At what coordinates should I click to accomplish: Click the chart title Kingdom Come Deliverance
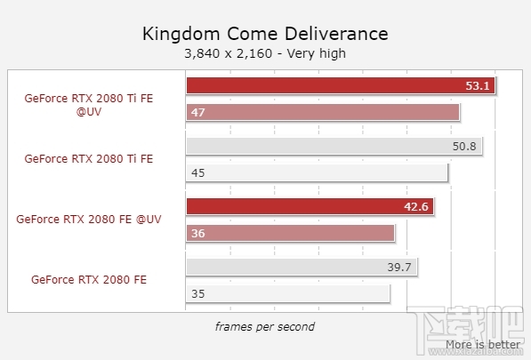265,34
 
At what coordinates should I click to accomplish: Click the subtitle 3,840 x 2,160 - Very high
265,53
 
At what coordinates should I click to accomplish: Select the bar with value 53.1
341,86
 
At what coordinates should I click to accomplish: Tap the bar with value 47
323,112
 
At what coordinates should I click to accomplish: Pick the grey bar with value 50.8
334,147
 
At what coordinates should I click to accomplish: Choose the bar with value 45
317,172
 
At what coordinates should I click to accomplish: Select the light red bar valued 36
290,233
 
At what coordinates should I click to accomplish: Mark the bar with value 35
288,293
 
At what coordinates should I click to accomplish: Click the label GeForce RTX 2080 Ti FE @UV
89,105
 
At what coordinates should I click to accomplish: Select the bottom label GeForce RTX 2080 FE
89,279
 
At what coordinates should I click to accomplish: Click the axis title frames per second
264,326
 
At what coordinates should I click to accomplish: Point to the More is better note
483,344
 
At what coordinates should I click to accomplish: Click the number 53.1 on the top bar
478,86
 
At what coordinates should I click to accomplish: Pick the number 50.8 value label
465,147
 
